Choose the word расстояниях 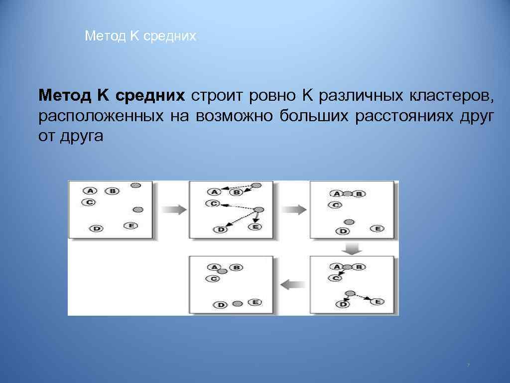coord(404,116)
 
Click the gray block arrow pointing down coord(352,248)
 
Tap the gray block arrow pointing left coord(293,285)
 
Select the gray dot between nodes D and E coord(238,303)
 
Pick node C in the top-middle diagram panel coord(213,203)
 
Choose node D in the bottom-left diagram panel coord(220,304)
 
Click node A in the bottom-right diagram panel coord(336,267)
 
